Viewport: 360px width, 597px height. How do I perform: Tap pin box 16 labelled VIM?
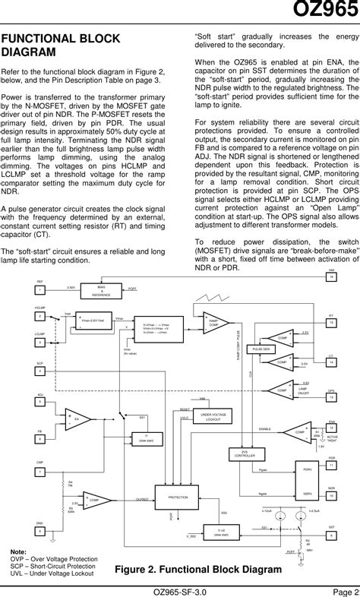tap(331, 277)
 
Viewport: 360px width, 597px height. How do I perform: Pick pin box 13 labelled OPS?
tap(331, 397)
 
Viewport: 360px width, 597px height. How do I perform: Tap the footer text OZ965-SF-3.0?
tap(180, 590)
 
